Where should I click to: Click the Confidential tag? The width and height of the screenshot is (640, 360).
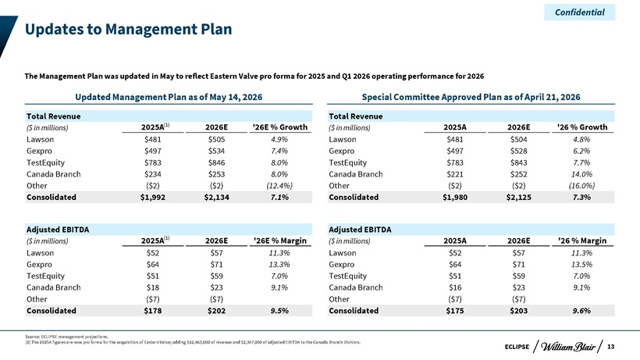(580, 12)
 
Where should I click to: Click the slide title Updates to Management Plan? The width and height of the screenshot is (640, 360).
(128, 29)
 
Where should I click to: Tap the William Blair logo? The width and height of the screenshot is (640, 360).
(567, 347)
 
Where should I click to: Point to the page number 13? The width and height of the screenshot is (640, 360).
(610, 347)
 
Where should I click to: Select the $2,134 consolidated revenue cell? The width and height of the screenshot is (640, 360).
(216, 197)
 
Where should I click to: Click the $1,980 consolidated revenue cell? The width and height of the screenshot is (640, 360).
(455, 197)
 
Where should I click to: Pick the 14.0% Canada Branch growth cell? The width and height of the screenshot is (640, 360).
(581, 174)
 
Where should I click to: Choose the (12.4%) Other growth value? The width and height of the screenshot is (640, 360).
(279, 186)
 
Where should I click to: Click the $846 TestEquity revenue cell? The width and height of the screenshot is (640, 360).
(216, 162)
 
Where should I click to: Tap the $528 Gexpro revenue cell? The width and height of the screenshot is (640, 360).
(518, 151)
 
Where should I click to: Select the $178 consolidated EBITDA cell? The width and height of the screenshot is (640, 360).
(153, 311)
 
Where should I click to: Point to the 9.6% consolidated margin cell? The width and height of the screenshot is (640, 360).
(581, 311)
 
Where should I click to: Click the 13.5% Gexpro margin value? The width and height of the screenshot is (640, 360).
(581, 265)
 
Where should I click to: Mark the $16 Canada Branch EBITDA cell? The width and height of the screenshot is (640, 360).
(455, 287)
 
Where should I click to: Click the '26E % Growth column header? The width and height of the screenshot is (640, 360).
(280, 127)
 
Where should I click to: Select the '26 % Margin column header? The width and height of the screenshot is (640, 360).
(582, 241)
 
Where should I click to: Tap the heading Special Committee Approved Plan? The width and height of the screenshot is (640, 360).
(471, 97)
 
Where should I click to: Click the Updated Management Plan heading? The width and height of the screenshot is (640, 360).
(169, 97)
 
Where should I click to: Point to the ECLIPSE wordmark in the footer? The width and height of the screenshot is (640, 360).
(517, 347)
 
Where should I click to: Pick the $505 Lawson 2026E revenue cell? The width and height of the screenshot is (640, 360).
(216, 140)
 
